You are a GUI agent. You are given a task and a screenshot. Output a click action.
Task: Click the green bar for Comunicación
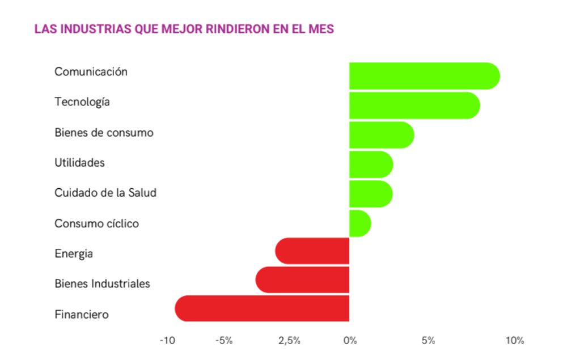424,76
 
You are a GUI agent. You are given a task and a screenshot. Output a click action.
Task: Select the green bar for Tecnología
414,105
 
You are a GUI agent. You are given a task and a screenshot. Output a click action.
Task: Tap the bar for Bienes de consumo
381,135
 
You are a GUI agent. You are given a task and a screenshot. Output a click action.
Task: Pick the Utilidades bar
371,164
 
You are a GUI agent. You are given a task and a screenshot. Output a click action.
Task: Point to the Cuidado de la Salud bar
371,194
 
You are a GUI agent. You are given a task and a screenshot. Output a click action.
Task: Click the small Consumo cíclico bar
360,223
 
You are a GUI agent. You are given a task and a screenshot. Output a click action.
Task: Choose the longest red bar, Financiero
262,309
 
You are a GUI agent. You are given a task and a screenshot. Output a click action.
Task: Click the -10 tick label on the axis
167,341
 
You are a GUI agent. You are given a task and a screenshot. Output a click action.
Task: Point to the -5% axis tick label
224,341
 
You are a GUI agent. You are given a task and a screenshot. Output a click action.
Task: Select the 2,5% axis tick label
289,341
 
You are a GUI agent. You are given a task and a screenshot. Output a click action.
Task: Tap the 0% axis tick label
350,341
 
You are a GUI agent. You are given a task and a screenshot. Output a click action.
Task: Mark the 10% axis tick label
515,341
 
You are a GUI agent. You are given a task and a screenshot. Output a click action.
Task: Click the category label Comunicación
91,72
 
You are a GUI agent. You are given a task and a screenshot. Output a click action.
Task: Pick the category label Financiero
81,314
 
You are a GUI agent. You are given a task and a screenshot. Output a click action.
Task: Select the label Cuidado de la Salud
105,193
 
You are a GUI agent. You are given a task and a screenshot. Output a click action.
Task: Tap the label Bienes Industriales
102,283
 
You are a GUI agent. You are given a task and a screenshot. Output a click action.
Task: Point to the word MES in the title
321,29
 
